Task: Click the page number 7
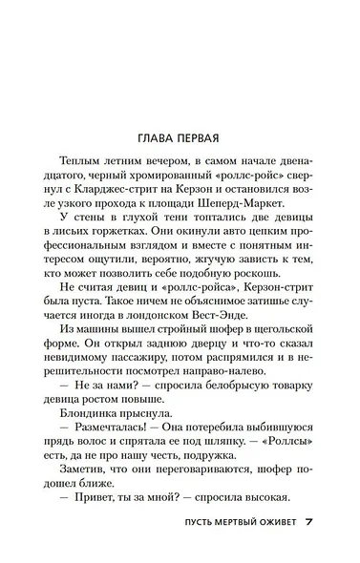tap(309, 524)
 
